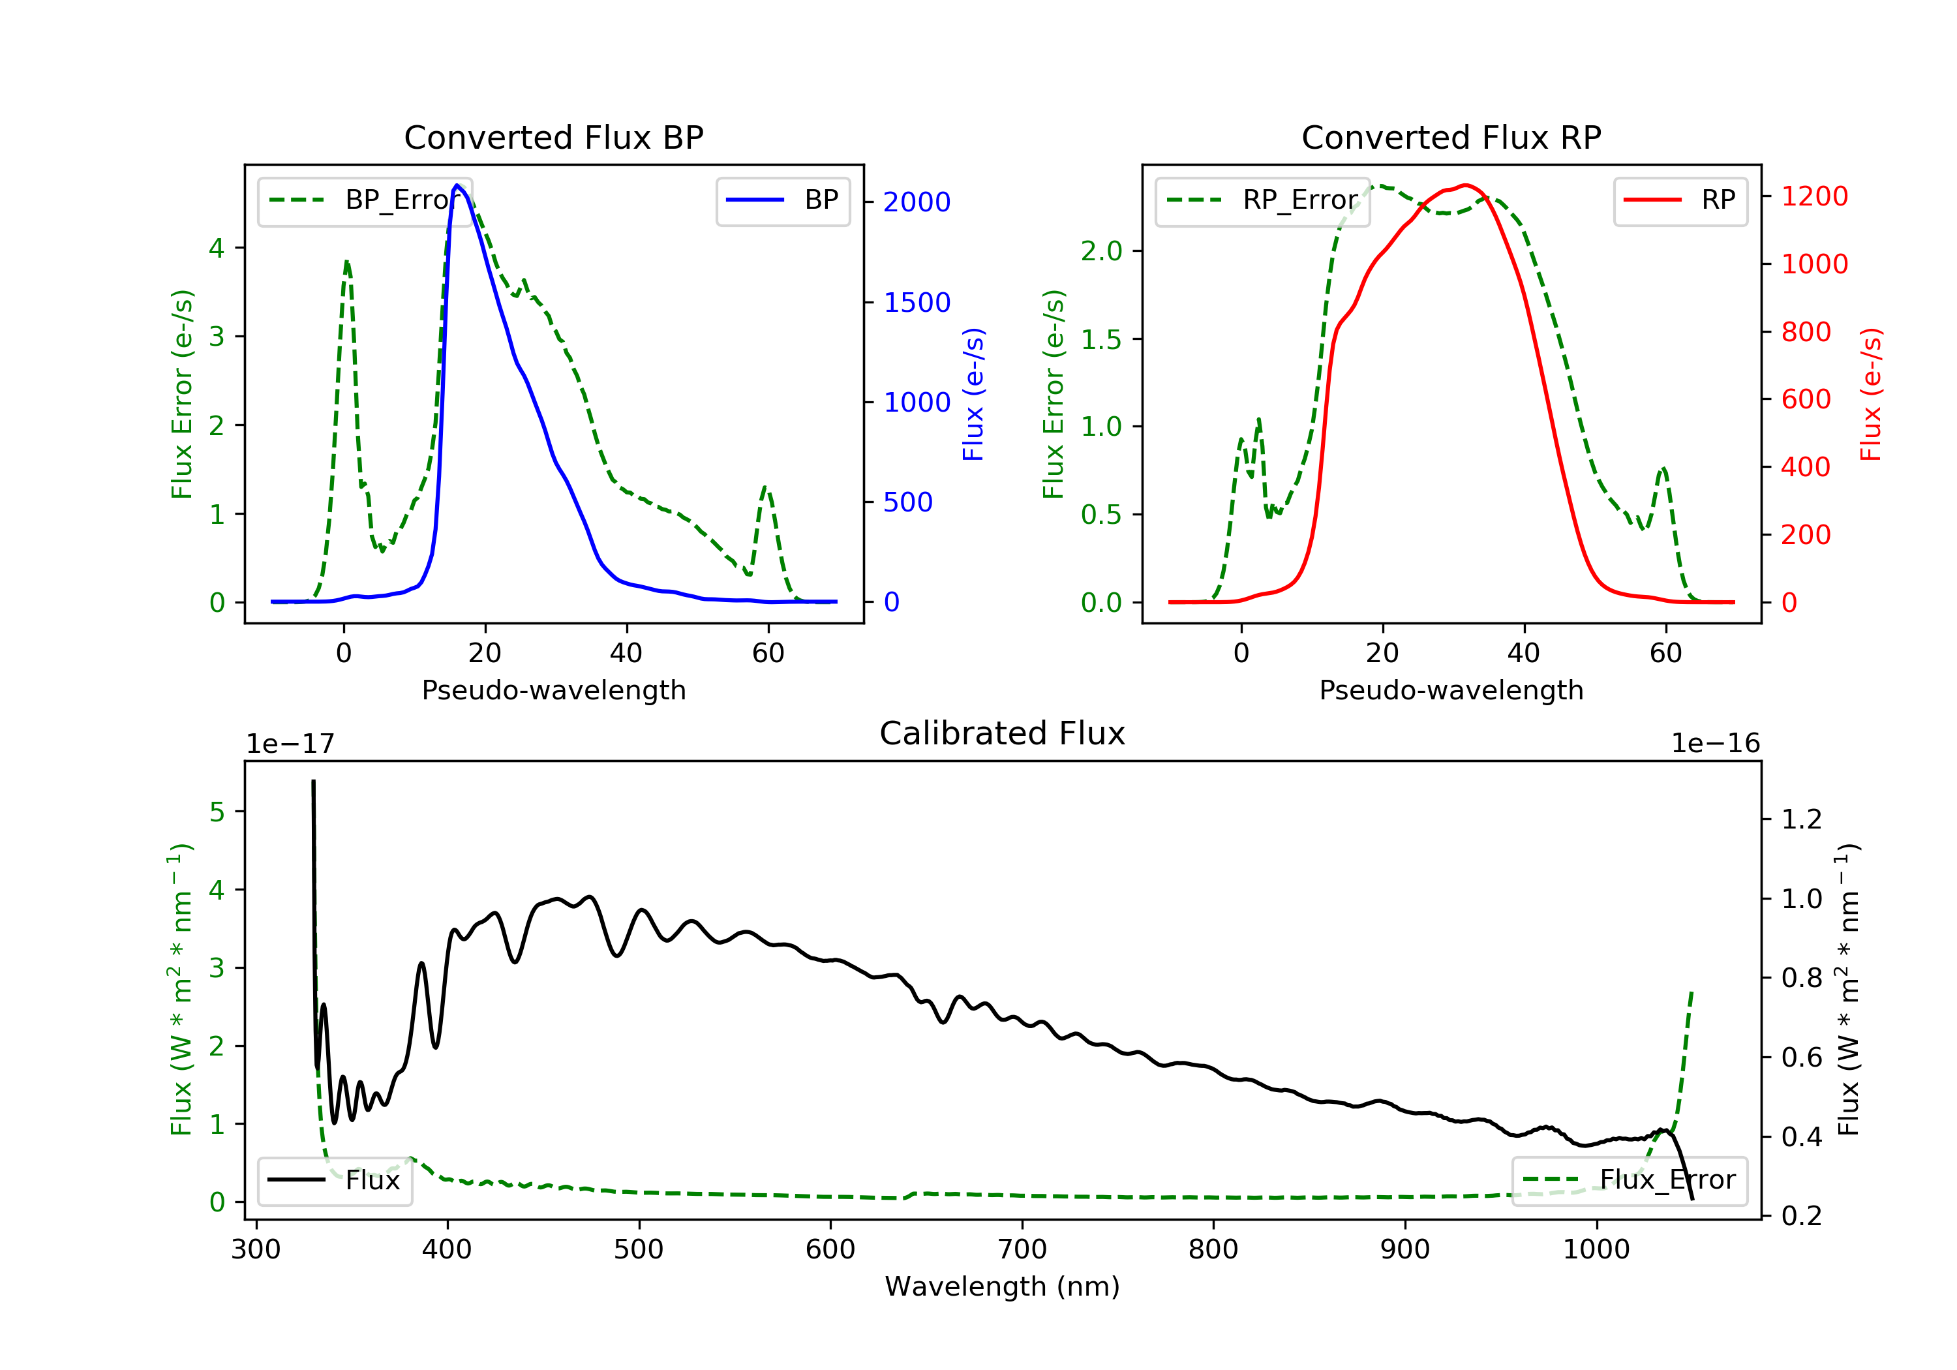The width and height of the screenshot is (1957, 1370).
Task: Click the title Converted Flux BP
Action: (x=554, y=137)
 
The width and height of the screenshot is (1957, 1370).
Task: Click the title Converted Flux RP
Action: (x=1451, y=137)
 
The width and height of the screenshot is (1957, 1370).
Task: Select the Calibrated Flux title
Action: (x=1003, y=733)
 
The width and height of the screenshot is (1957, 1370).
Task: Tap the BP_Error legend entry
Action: (x=365, y=200)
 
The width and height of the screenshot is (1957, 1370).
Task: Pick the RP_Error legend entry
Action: (x=1262, y=200)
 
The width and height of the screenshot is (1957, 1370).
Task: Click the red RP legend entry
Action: (x=1680, y=200)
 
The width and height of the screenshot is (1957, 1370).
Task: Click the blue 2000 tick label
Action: (x=917, y=202)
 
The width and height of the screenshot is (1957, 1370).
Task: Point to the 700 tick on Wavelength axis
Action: (x=1022, y=1250)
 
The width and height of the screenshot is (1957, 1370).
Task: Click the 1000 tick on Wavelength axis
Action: (x=1596, y=1250)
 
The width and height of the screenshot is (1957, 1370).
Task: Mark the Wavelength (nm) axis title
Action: (x=1003, y=1286)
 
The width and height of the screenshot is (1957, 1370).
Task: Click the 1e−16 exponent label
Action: (x=1715, y=744)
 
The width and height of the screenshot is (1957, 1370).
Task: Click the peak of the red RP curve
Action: (x=1465, y=185)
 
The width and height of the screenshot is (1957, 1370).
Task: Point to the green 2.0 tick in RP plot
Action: (x=1101, y=251)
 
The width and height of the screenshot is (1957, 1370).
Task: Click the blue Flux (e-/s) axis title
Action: (x=973, y=395)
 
